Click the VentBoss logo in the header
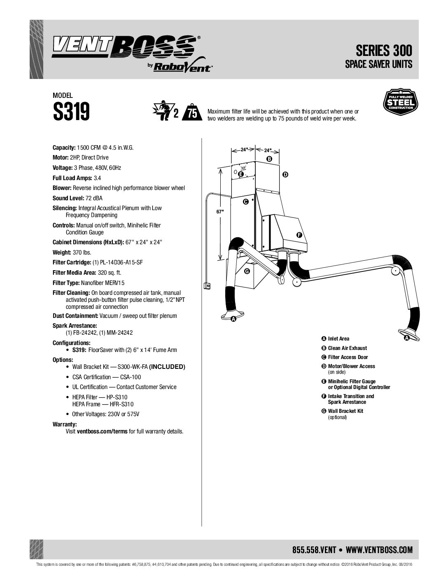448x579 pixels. tap(132, 54)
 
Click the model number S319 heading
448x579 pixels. tap(71, 111)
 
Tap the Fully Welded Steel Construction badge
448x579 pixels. tap(400, 102)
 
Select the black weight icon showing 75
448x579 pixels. tap(192, 112)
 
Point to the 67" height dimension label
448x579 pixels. tap(220, 211)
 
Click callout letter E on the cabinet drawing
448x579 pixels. tap(241, 174)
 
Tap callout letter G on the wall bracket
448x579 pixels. tap(247, 271)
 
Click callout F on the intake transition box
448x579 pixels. tap(299, 235)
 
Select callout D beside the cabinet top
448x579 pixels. tap(285, 175)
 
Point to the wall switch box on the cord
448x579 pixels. tap(207, 286)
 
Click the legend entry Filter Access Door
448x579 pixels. tap(348, 357)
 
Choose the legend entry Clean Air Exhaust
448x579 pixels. tap(347, 348)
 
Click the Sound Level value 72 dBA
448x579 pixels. tap(94, 198)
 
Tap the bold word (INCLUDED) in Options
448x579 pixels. tap(167, 367)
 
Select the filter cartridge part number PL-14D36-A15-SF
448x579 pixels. tap(117, 262)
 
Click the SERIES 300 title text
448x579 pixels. tap(384, 51)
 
